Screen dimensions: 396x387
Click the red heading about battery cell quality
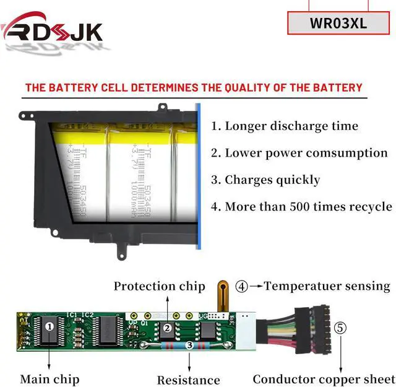click(x=194, y=87)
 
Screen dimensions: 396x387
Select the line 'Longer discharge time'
click(x=285, y=126)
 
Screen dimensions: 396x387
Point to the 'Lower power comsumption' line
click(x=299, y=153)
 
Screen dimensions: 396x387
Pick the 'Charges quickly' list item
click(x=265, y=180)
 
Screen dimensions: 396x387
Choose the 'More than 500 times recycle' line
click(x=301, y=207)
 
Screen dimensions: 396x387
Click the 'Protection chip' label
click(x=159, y=286)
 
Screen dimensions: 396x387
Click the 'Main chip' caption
click(x=49, y=379)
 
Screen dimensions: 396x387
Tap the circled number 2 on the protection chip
click(x=167, y=329)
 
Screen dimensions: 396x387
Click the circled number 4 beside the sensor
click(x=242, y=287)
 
